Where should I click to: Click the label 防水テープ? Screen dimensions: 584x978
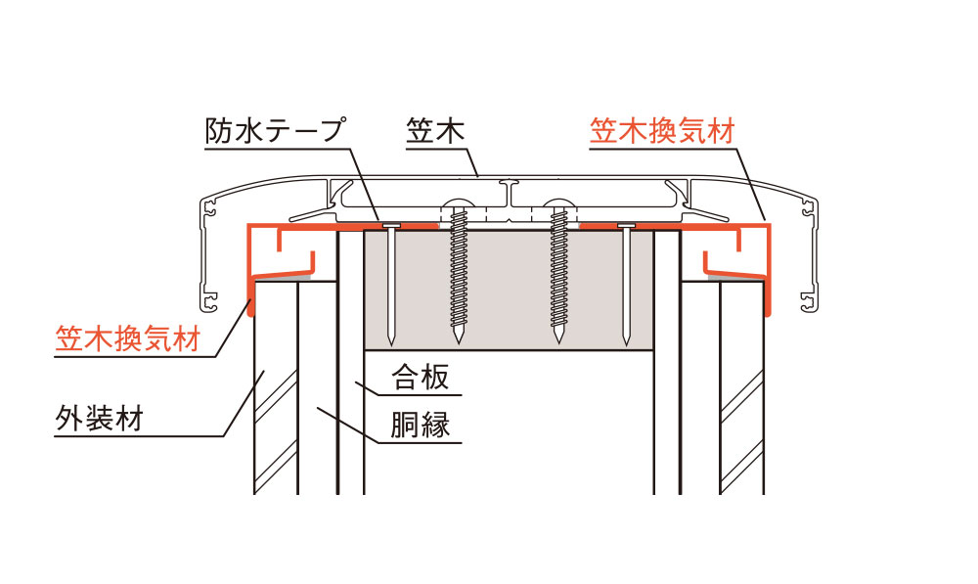(277, 132)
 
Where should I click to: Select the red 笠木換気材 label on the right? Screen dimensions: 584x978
(661, 132)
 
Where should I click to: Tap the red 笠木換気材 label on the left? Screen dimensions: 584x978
(127, 339)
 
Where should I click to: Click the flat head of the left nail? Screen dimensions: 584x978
(390, 227)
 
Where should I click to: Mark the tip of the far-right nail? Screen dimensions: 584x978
(624, 344)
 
